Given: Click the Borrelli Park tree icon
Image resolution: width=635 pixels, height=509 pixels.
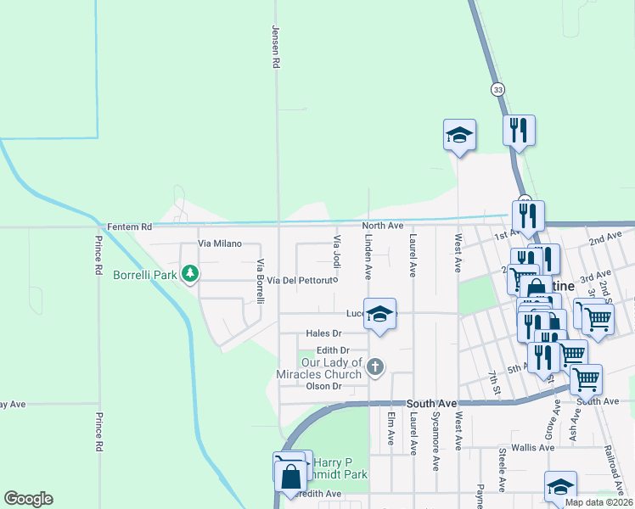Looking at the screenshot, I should [193, 274].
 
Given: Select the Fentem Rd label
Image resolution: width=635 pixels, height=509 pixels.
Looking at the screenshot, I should [129, 227].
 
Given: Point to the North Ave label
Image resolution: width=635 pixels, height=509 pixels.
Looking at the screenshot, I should [382, 226].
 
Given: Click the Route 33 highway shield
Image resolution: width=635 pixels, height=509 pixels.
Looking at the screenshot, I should [497, 88].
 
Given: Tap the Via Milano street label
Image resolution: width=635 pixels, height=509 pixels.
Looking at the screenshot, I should [218, 243].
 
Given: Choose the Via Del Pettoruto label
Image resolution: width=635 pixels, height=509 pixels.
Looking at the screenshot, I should [303, 279].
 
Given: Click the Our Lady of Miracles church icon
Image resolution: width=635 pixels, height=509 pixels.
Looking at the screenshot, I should [375, 366].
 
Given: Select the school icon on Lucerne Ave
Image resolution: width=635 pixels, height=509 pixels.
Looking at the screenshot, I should [380, 313].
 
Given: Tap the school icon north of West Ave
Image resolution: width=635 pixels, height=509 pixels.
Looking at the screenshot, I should [459, 135].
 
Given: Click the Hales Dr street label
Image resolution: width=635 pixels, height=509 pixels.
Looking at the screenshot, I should [323, 333].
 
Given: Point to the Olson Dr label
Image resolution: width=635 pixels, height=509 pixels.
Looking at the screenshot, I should [323, 386].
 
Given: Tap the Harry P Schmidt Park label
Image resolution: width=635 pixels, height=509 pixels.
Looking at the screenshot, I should [340, 468].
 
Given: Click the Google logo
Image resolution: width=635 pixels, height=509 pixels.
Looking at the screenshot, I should [28, 499].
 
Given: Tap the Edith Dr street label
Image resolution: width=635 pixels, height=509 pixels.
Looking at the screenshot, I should [333, 350].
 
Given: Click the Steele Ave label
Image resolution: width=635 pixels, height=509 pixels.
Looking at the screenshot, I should [503, 469].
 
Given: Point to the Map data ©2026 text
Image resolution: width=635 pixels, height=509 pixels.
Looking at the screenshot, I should [598, 502].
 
